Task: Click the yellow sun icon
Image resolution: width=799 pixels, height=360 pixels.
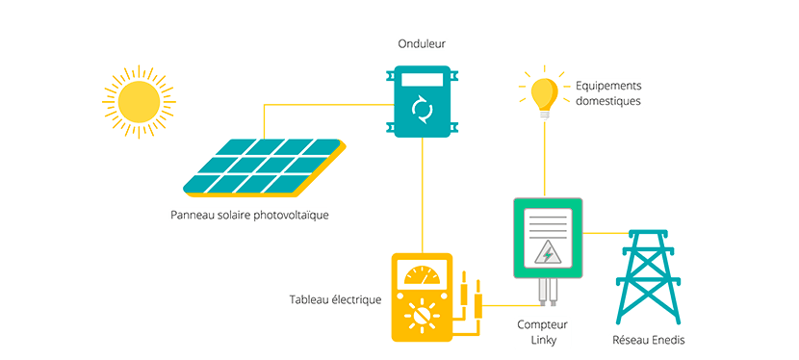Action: [x=139, y=99]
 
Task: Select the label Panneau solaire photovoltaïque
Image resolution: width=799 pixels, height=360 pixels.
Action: [x=249, y=215]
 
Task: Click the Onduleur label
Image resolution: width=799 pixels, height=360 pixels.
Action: [x=422, y=44]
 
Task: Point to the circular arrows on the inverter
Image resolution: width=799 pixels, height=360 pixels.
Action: [x=422, y=109]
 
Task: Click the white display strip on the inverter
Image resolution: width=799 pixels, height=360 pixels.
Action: [x=422, y=79]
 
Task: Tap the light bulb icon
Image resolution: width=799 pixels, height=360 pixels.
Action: [x=544, y=93]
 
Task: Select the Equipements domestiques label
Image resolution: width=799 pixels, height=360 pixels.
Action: [x=607, y=92]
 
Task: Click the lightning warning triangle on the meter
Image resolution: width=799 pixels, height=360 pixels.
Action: [x=548, y=252]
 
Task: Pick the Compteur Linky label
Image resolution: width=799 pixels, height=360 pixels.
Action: [x=543, y=332]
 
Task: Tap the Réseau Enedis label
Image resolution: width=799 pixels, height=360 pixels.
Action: [x=650, y=340]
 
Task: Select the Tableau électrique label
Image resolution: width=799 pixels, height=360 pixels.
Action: [x=335, y=300]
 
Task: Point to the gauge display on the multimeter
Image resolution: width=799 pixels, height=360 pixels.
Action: [x=422, y=275]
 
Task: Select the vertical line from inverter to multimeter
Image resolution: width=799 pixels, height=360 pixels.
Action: [x=422, y=193]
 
